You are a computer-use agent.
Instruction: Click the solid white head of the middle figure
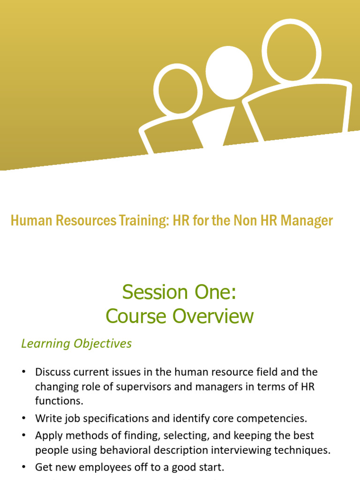tap(229, 73)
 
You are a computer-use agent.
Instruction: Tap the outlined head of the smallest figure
tap(178, 90)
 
